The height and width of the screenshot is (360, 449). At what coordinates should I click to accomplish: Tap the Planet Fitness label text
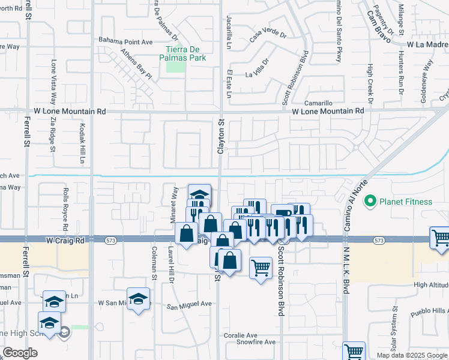coord(405,201)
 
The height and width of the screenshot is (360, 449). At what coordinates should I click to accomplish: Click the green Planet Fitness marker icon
coord(371,201)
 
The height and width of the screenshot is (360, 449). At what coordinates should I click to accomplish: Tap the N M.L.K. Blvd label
coord(346,270)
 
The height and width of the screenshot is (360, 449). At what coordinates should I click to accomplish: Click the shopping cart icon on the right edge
coord(440,238)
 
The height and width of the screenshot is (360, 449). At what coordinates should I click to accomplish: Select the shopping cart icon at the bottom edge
coord(354,352)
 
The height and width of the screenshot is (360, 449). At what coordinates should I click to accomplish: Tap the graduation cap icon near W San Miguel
coord(138,299)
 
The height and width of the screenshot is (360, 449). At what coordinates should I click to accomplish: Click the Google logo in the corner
coord(20,353)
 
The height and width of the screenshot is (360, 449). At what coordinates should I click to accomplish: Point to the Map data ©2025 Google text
coord(412,355)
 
